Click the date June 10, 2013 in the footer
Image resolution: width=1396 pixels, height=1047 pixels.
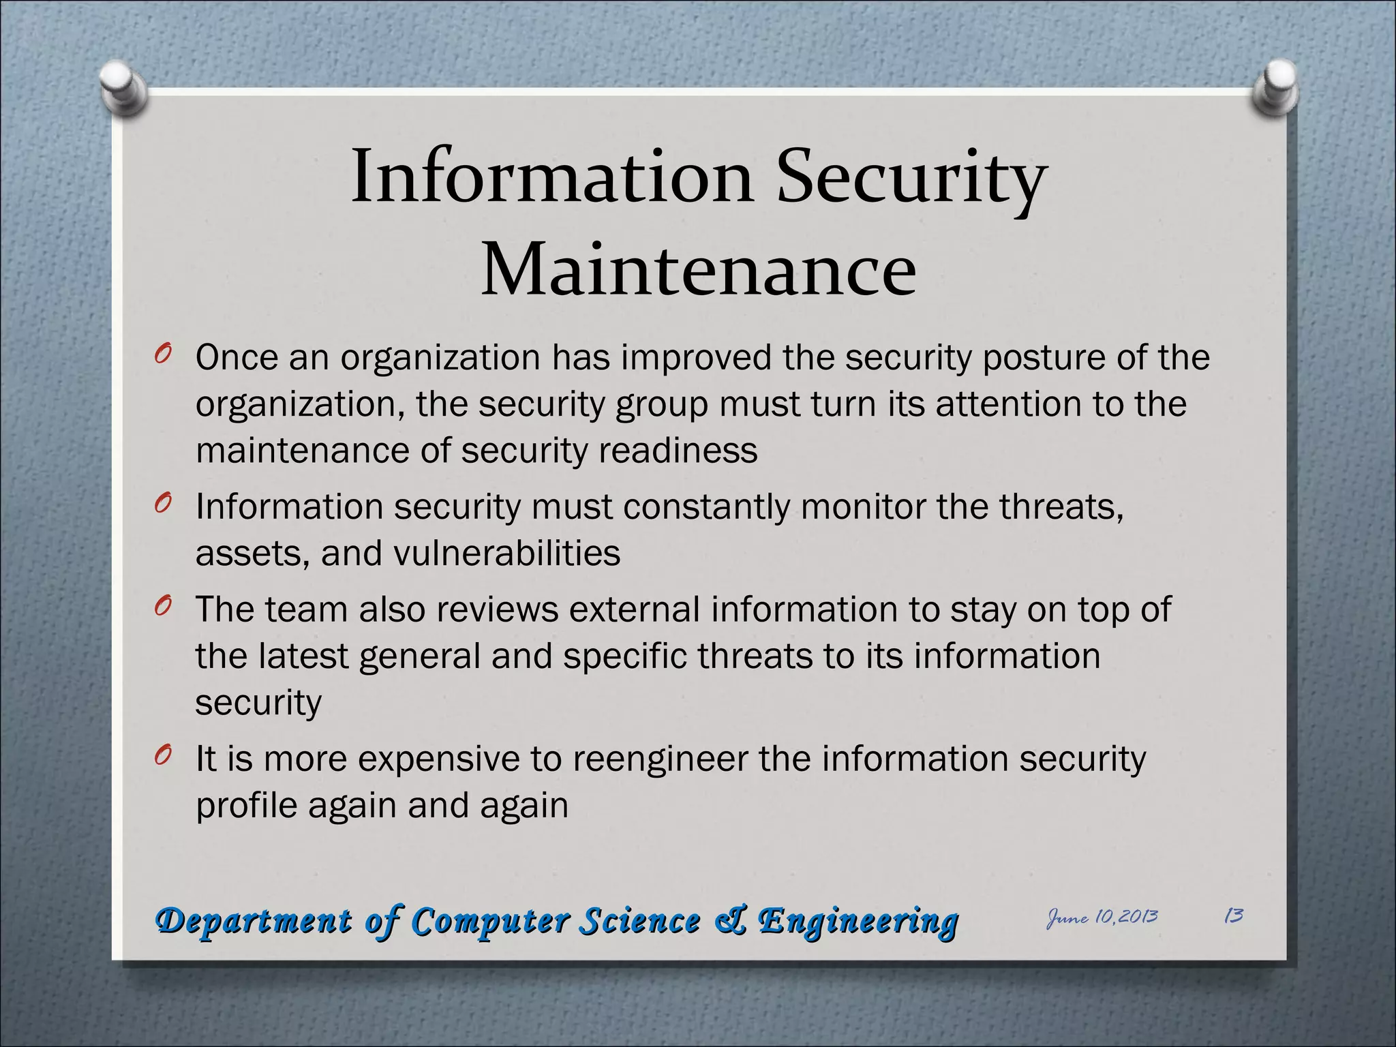1102,917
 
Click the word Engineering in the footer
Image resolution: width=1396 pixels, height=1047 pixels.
859,922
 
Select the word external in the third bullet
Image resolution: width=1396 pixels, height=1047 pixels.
635,609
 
